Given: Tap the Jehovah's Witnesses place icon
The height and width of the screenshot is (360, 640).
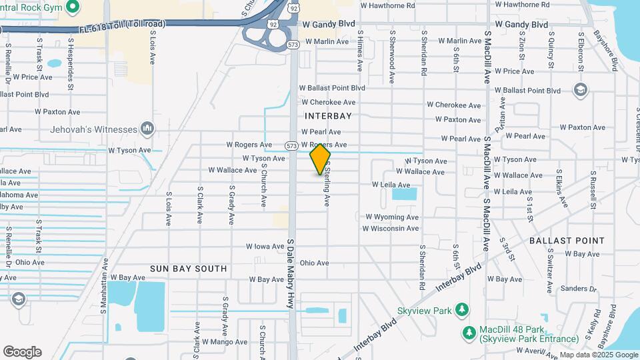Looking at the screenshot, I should [147, 128].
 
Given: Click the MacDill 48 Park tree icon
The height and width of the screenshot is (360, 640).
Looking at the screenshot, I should [469, 332].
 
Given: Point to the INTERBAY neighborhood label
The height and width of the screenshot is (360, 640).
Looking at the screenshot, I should [327, 116].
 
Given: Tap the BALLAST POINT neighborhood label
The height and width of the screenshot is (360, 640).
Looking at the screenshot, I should [567, 240].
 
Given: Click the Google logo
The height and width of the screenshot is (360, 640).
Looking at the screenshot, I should [22, 352].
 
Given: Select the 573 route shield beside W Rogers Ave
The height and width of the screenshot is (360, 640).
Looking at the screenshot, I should [291, 145].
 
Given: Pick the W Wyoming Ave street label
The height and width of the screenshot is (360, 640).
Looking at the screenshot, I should [392, 217].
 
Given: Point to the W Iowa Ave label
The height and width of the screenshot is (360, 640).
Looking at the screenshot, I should [265, 247].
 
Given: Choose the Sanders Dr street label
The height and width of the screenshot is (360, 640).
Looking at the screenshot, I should [578, 289].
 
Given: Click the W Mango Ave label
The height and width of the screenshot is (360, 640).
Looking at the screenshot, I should [225, 342].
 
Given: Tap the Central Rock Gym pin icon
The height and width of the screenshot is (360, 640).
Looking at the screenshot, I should [73, 8].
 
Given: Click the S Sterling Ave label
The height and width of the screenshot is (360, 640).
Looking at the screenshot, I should [327, 185].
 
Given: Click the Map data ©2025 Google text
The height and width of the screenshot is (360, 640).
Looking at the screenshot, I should [599, 355].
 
